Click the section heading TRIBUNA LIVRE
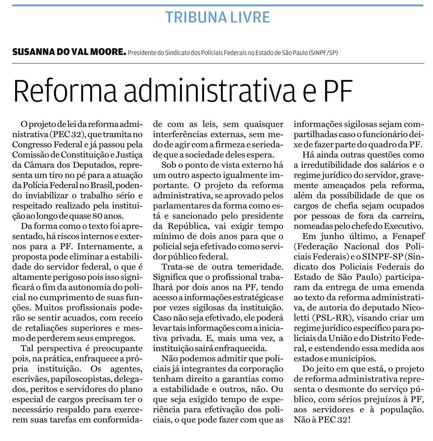[218, 17]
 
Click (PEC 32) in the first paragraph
[67, 134]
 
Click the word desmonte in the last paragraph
[346, 389]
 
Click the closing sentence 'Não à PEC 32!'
[322, 420]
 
